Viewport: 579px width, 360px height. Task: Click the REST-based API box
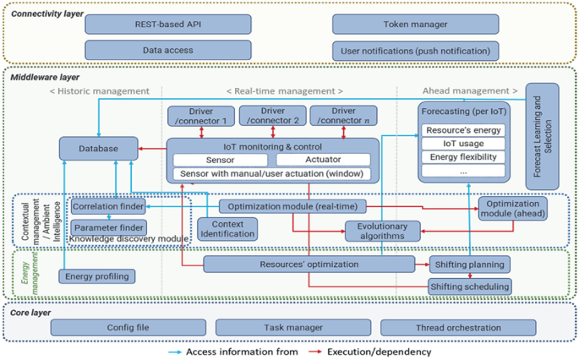[168, 25]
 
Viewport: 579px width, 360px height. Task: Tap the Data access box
[168, 50]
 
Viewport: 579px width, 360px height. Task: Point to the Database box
[99, 150]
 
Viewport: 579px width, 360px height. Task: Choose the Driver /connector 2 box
[271, 117]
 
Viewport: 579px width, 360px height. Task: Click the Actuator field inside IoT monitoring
[322, 160]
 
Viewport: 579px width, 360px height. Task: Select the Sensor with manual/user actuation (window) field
[271, 174]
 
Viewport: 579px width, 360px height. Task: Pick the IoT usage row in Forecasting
[462, 144]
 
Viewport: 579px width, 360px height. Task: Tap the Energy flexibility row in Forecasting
[462, 157]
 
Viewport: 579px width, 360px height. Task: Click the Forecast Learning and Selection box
[547, 135]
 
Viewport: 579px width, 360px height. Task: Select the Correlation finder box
[107, 206]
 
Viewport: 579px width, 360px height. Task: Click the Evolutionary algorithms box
[381, 231]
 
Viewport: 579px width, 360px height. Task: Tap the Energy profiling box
[97, 275]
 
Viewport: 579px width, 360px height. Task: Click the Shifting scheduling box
[470, 286]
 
